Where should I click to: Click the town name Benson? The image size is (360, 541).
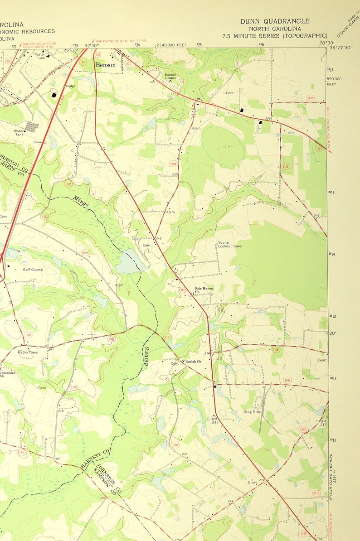[105, 65]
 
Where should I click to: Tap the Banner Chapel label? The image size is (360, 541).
[170, 76]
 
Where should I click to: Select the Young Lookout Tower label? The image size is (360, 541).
[230, 244]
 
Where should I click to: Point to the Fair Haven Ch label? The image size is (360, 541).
[204, 290]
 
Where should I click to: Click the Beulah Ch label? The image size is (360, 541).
[193, 361]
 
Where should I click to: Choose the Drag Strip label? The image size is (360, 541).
[253, 412]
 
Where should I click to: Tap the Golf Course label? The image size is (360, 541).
[33, 270]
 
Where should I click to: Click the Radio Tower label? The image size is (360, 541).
[28, 352]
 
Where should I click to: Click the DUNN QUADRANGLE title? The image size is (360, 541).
[275, 21]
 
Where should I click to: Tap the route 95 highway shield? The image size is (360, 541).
[83, 62]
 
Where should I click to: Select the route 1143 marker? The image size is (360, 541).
[310, 98]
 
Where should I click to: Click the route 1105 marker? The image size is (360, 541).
[285, 167]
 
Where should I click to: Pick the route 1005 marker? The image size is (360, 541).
[302, 429]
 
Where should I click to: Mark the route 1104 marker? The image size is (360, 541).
[173, 164]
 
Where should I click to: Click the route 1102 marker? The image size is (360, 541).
[68, 184]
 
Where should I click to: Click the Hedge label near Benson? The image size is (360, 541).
[70, 86]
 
